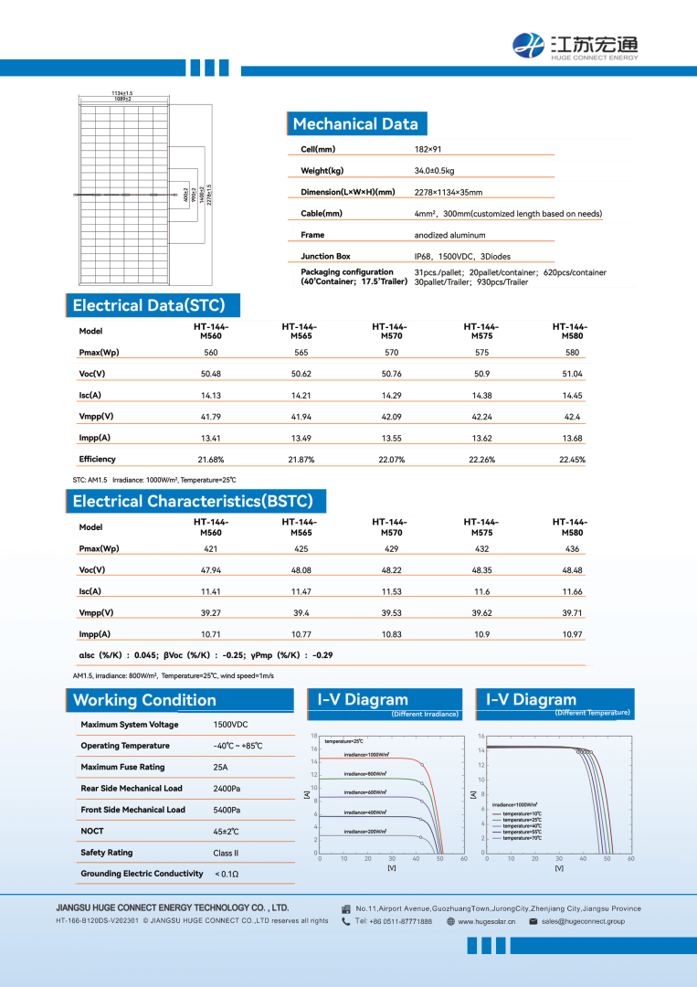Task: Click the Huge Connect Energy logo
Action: coord(576,44)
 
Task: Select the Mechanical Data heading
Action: coord(355,124)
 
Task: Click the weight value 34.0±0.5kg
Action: coord(434,171)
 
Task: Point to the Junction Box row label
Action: coord(325,256)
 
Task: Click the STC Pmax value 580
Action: coord(573,353)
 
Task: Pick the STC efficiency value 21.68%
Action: coord(211,460)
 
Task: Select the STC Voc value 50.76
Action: coord(391,374)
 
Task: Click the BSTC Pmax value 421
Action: coord(211,549)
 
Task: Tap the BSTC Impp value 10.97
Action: coord(573,634)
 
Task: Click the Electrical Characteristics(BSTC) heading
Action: coord(193,501)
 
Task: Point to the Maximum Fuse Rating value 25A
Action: coord(220,767)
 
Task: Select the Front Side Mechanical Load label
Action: coord(132,810)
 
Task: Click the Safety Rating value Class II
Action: coord(226,853)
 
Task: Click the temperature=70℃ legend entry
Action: coord(523,838)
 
